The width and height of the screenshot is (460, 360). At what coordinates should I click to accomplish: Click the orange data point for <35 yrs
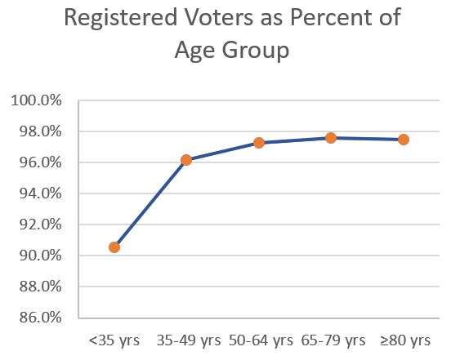pos(114,247)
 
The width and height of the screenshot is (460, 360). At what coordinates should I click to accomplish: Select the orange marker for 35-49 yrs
pos(186,160)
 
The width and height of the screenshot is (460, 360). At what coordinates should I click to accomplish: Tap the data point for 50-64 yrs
pos(259,143)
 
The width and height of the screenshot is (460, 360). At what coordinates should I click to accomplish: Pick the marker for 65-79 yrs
pos(331,138)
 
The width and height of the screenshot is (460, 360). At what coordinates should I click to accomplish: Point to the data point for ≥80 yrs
pos(404,140)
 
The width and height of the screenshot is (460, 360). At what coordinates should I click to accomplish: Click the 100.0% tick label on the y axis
pos(36,100)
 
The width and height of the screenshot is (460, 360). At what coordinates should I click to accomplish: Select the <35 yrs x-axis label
pos(114,340)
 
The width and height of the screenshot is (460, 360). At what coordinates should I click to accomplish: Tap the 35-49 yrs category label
pos(186,340)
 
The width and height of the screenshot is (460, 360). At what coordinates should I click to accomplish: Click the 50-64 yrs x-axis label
pos(259,340)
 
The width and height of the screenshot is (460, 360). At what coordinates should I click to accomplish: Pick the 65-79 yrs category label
pos(331,340)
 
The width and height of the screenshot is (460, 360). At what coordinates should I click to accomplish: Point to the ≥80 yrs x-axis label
pos(404,340)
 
